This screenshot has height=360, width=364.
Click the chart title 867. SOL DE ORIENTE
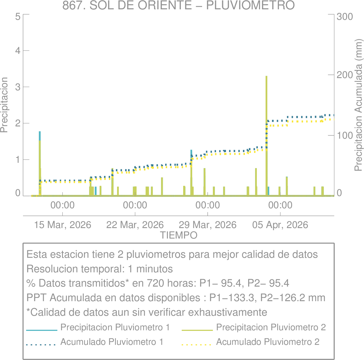tap(178, 5)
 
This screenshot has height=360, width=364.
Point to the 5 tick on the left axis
tap(18, 16)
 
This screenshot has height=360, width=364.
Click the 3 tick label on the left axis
tap(18, 87)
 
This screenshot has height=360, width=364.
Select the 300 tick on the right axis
tap(345, 16)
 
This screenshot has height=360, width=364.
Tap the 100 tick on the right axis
tap(345, 135)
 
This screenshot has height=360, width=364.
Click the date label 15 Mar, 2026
tap(63, 225)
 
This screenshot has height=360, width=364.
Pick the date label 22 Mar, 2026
tap(135, 225)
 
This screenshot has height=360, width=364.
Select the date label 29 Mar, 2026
tap(207, 225)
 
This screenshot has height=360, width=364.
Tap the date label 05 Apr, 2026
tap(280, 225)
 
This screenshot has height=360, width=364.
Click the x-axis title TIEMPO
tap(179, 235)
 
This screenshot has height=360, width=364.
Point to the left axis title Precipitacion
tap(4, 105)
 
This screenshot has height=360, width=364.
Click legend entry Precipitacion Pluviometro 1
tap(115, 327)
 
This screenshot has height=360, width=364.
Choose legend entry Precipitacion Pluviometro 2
tap(271, 327)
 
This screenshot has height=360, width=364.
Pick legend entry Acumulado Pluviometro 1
tap(112, 342)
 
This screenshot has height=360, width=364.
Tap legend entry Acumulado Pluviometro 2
tap(268, 342)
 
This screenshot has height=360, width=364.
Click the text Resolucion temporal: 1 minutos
tap(100, 269)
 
